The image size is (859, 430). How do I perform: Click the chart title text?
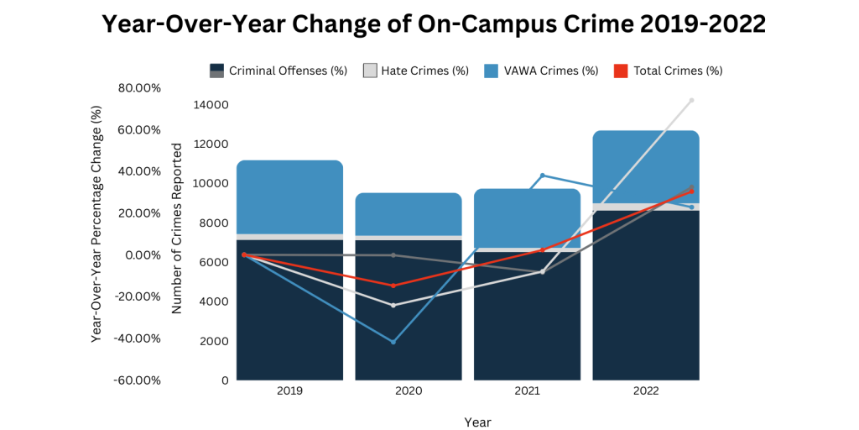click(433, 24)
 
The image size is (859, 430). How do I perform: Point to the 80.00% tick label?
click(138, 87)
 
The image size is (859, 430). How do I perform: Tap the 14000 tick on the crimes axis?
click(211, 105)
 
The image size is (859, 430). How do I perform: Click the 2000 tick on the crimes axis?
click(213, 341)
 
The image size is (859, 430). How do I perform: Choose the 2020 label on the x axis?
click(409, 391)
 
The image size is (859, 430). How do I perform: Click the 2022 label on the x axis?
click(646, 391)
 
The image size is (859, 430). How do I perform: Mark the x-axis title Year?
click(478, 422)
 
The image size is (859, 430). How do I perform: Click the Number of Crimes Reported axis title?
click(177, 228)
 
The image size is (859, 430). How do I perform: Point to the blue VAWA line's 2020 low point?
click(393, 342)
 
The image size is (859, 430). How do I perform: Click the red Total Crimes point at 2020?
click(393, 286)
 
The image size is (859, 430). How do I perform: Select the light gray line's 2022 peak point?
click(692, 100)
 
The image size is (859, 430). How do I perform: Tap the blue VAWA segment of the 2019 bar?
click(289, 197)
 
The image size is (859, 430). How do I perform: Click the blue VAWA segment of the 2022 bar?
click(646, 166)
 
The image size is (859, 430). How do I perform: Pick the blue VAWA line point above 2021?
click(543, 176)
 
